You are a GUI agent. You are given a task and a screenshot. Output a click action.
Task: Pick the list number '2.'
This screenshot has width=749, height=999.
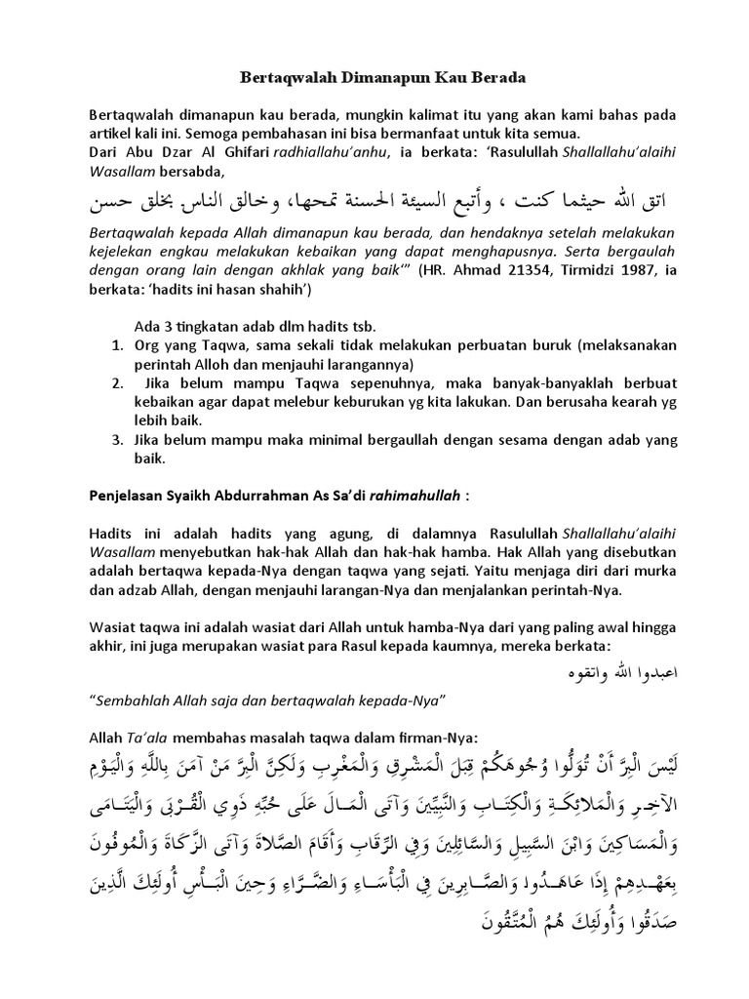[x=116, y=383]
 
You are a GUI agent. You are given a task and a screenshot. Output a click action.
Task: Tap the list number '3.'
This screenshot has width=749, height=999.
[x=116, y=441]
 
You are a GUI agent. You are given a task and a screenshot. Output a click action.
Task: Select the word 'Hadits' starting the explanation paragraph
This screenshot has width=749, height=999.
[x=109, y=534]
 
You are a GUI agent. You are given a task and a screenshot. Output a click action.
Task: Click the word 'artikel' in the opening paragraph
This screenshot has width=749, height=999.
[x=109, y=133]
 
